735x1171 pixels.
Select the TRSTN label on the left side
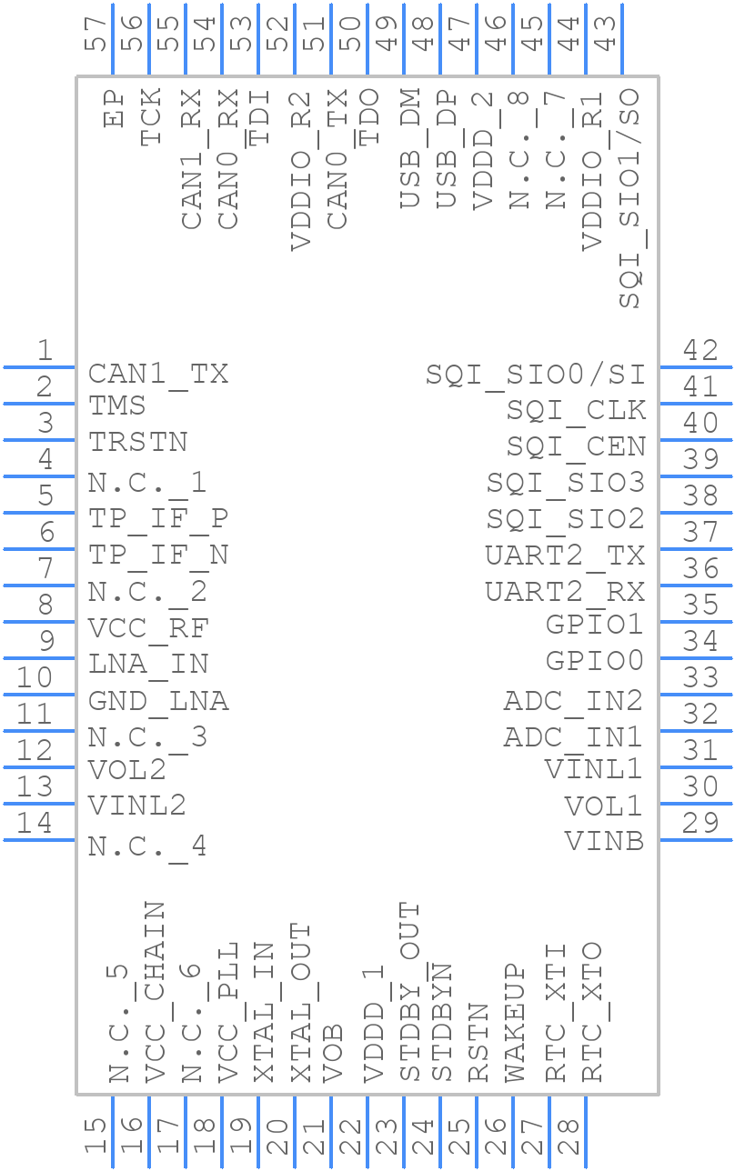point(137,442)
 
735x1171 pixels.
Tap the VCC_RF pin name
point(148,629)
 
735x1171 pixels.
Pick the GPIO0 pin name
point(594,661)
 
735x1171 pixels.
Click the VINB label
point(604,842)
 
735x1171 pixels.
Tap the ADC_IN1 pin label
point(573,738)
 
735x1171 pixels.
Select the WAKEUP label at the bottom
point(515,1023)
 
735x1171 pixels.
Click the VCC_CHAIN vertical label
point(155,992)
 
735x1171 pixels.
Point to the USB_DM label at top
point(410,148)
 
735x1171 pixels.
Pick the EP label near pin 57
point(114,108)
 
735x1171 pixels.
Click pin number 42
point(700,351)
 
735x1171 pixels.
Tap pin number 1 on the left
point(45,351)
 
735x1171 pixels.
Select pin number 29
point(700,824)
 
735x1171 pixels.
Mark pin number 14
point(35,824)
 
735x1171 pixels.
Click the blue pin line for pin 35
point(696,622)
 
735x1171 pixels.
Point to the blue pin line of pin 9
point(39,658)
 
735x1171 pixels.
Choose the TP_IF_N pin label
point(158,556)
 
